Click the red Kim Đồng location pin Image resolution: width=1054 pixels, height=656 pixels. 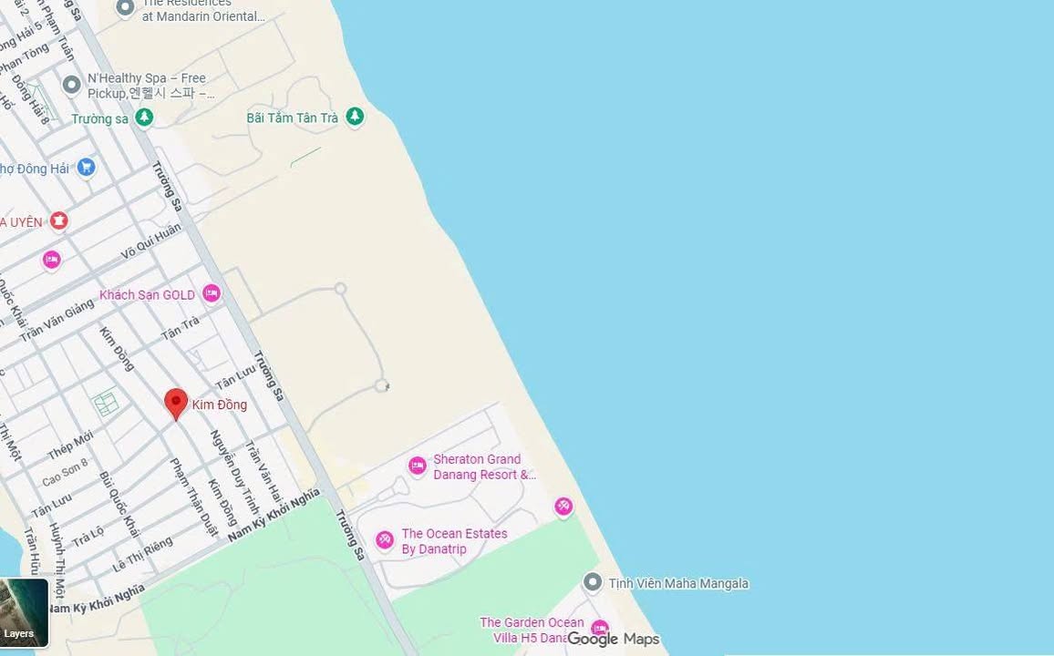pos(176,403)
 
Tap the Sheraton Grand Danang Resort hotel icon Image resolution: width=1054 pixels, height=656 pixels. pos(417,466)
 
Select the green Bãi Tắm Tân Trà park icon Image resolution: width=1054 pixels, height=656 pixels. pos(355,117)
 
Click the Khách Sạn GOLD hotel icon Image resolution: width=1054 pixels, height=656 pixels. pos(212,293)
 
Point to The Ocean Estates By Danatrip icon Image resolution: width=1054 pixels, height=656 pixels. pos(385,540)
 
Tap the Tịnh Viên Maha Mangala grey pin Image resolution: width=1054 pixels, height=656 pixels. pos(593,582)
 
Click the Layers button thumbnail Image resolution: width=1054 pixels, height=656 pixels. pos(23,612)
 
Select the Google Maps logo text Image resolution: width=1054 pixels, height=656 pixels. pos(613,639)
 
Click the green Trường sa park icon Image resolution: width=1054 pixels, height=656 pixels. pos(144,118)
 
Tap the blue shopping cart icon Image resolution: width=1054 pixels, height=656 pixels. pos(86,167)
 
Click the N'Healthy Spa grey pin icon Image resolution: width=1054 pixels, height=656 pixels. pos(71,85)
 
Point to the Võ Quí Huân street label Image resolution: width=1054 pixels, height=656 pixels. pos(151,243)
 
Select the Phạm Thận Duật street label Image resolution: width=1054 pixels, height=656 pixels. pos(194,497)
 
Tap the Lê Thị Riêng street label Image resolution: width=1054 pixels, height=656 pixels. pos(142,555)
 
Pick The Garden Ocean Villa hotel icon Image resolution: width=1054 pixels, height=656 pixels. pos(599,629)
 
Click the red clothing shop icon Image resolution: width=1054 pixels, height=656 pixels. pos(59,220)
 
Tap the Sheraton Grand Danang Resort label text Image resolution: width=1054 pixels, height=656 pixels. pos(482,466)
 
